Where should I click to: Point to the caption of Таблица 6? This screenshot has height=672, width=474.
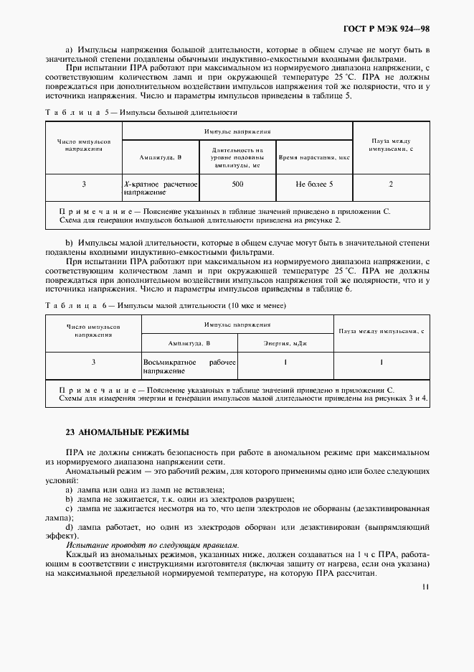[x=165, y=306]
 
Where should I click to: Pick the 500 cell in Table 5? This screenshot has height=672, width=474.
[x=237, y=185]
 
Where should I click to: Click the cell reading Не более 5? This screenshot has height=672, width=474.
[x=314, y=185]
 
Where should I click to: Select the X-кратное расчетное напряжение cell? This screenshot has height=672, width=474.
[x=160, y=189]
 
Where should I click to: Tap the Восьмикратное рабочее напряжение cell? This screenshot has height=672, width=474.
[x=189, y=367]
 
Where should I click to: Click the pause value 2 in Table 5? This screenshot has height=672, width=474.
[x=391, y=185]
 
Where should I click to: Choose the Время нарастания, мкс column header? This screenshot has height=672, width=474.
[x=314, y=156]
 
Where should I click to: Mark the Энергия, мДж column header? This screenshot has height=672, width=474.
[x=285, y=343]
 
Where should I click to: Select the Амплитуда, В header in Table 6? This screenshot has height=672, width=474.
[x=189, y=343]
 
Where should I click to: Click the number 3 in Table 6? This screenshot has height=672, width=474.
[x=93, y=362]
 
